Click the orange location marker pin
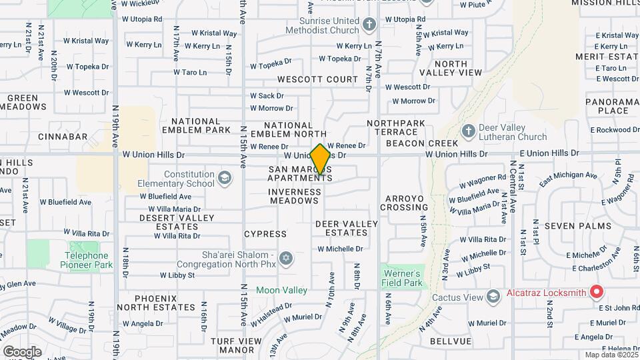[321, 159]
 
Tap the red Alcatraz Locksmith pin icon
[597, 292]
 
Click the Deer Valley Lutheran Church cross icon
[468, 130]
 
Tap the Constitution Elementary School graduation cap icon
[225, 177]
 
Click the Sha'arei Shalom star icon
[287, 258]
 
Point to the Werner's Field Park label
[403, 278]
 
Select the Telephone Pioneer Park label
[87, 260]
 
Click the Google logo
[22, 351]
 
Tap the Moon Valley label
[282, 290]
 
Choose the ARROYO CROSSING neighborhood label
[404, 203]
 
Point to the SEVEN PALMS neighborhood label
[577, 226]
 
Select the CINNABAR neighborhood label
[63, 136]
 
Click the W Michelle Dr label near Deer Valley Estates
[340, 249]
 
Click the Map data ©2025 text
[610, 355]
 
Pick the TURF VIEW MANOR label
[236, 345]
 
